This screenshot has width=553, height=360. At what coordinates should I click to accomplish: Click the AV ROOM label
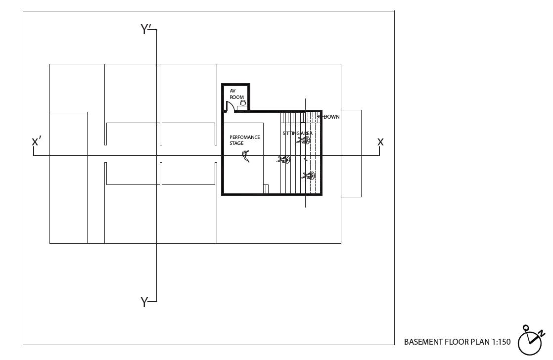(x=236, y=94)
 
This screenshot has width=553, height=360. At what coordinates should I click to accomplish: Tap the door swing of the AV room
(x=230, y=105)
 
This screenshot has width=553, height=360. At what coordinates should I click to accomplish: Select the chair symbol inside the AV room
(x=242, y=102)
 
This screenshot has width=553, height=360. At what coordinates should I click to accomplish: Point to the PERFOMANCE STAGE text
(x=244, y=140)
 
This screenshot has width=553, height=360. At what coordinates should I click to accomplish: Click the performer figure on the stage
(x=246, y=156)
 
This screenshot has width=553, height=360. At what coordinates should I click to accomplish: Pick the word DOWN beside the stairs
(x=331, y=117)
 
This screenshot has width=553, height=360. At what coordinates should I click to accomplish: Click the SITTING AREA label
(x=297, y=134)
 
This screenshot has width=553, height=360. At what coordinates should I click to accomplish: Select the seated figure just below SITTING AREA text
(x=304, y=140)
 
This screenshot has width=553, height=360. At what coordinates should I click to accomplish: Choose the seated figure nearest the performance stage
(x=283, y=159)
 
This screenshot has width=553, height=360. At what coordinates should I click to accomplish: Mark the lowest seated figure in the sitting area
(x=308, y=176)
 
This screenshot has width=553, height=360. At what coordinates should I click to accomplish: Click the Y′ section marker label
(x=146, y=30)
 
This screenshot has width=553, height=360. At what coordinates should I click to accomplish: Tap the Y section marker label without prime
(x=144, y=302)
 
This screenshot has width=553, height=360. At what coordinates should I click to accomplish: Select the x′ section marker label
(x=36, y=141)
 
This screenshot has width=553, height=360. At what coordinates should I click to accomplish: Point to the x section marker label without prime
(x=380, y=141)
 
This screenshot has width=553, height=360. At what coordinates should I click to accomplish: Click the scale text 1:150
(x=501, y=342)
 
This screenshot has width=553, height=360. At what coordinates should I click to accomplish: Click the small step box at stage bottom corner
(x=266, y=189)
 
